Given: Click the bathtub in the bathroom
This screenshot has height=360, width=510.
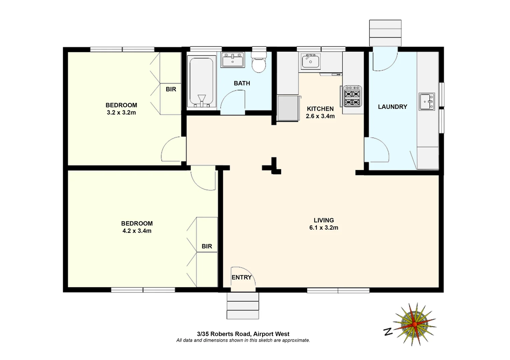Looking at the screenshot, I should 201,82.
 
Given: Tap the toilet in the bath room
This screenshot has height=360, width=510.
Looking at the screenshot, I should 259,62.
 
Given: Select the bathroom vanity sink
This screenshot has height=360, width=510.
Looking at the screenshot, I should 233,60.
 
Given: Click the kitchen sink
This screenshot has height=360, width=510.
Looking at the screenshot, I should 310,61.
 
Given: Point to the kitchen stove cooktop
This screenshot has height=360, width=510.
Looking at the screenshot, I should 353,96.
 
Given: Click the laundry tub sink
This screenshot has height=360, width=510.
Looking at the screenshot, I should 427,101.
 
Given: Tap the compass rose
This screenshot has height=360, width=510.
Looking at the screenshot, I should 415,324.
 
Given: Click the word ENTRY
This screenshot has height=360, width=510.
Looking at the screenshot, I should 241,277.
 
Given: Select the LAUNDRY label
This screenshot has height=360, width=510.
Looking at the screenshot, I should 393,107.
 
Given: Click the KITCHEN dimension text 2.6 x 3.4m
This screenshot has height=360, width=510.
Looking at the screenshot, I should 320,116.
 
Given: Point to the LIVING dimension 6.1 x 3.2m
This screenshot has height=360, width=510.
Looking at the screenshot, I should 323,228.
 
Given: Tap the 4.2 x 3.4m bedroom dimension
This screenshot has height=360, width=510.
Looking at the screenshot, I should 137,231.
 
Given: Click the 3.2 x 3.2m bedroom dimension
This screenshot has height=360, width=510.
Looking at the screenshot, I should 121,113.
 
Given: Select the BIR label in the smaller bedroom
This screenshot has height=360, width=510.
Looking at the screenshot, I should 171,89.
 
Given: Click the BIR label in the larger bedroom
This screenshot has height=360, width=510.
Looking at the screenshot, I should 207,246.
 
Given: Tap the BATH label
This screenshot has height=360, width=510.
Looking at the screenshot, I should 242,83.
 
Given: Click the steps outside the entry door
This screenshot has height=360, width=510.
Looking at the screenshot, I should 243,306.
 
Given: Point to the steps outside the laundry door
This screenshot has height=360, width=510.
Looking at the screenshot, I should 385,33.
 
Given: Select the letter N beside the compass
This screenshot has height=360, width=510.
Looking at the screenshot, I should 388,332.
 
